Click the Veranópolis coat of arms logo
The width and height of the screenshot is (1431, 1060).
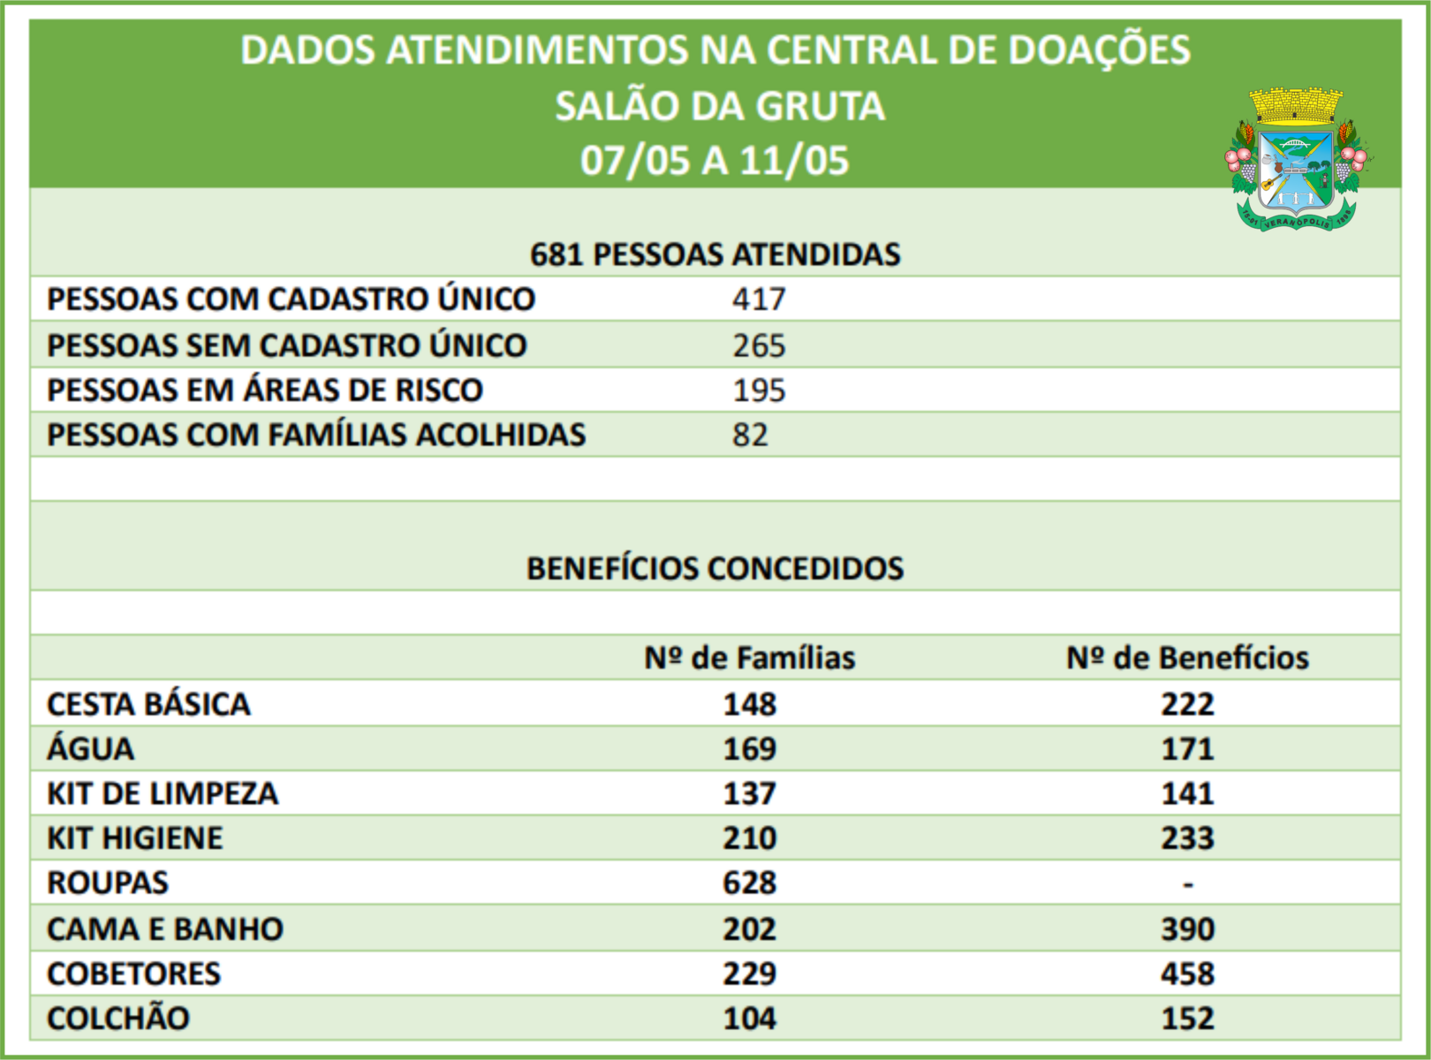[1296, 159]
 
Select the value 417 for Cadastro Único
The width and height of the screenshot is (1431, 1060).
[758, 299]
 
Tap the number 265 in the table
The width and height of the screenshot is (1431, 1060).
[758, 345]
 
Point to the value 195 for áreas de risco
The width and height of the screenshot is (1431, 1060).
[758, 390]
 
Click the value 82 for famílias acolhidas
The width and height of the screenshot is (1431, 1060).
[749, 435]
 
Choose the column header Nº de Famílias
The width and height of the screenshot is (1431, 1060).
[749, 658]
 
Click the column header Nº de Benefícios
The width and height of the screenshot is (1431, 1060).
[1187, 658]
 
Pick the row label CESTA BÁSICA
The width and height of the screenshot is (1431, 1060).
[148, 704]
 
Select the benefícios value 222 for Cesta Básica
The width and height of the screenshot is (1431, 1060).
[1187, 704]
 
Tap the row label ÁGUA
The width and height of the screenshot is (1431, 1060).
[90, 749]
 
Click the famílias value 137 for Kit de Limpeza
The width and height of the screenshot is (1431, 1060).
[749, 793]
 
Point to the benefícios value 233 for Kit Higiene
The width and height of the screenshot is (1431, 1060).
[1187, 838]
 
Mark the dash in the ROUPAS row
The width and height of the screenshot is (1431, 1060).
[1187, 883]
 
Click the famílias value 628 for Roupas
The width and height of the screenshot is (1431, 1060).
[749, 883]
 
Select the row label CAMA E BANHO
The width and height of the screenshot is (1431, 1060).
[165, 929]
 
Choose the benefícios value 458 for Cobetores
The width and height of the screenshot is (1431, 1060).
[1187, 973]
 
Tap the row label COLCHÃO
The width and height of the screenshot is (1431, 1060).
[118, 1018]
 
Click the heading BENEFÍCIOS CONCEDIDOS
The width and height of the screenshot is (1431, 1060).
[715, 568]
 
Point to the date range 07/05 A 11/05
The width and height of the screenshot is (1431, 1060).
[715, 161]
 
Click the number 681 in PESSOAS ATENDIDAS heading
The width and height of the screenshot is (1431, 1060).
[556, 254]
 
